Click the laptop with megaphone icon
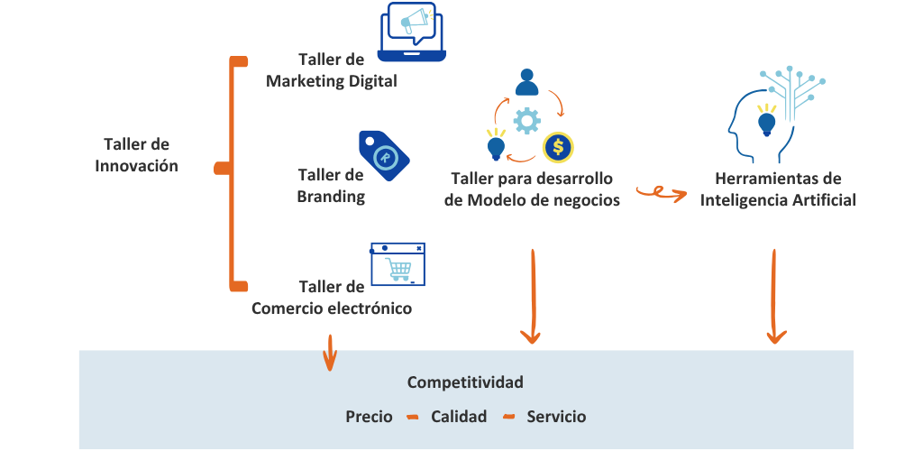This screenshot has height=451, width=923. (x=414, y=32)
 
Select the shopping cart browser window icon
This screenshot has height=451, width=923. (x=398, y=264)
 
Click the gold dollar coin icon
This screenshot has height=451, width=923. (x=558, y=147)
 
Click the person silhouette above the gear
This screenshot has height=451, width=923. (x=526, y=84)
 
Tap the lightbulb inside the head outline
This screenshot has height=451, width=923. (x=766, y=121)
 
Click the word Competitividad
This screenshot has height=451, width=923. (x=465, y=382)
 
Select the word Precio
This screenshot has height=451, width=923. (x=369, y=417)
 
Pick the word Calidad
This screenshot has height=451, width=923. (x=459, y=417)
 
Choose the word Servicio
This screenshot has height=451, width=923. (x=556, y=417)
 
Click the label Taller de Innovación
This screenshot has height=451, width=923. (x=136, y=155)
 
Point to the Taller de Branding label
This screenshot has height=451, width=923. (x=331, y=185)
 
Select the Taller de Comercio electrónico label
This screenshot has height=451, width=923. (x=332, y=298)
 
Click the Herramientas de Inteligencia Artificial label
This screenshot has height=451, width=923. (x=778, y=189)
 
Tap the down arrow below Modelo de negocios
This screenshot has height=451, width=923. (x=532, y=297)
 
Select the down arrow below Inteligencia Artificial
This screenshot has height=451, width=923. (x=775, y=297)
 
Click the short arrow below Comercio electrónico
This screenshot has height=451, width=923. (x=330, y=352)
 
